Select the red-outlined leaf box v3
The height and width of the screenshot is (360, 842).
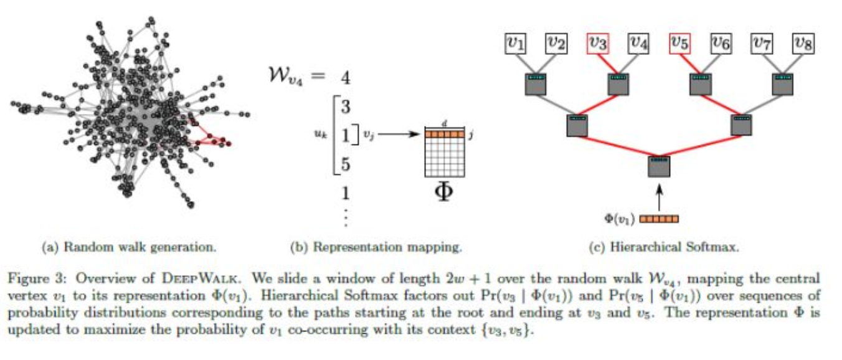point(598,43)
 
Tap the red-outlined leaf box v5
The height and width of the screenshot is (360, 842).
point(680,43)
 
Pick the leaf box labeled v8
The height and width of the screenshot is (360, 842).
point(803,43)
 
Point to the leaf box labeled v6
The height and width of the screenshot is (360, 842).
point(721,43)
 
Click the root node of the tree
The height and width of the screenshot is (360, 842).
point(659,167)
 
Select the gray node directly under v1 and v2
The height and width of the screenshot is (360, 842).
point(536,85)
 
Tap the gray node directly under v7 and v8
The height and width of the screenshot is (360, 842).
point(782,85)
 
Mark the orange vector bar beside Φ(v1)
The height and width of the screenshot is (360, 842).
point(659,219)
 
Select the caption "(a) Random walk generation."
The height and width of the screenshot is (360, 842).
point(129,247)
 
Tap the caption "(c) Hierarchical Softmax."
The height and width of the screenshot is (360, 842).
point(664,247)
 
